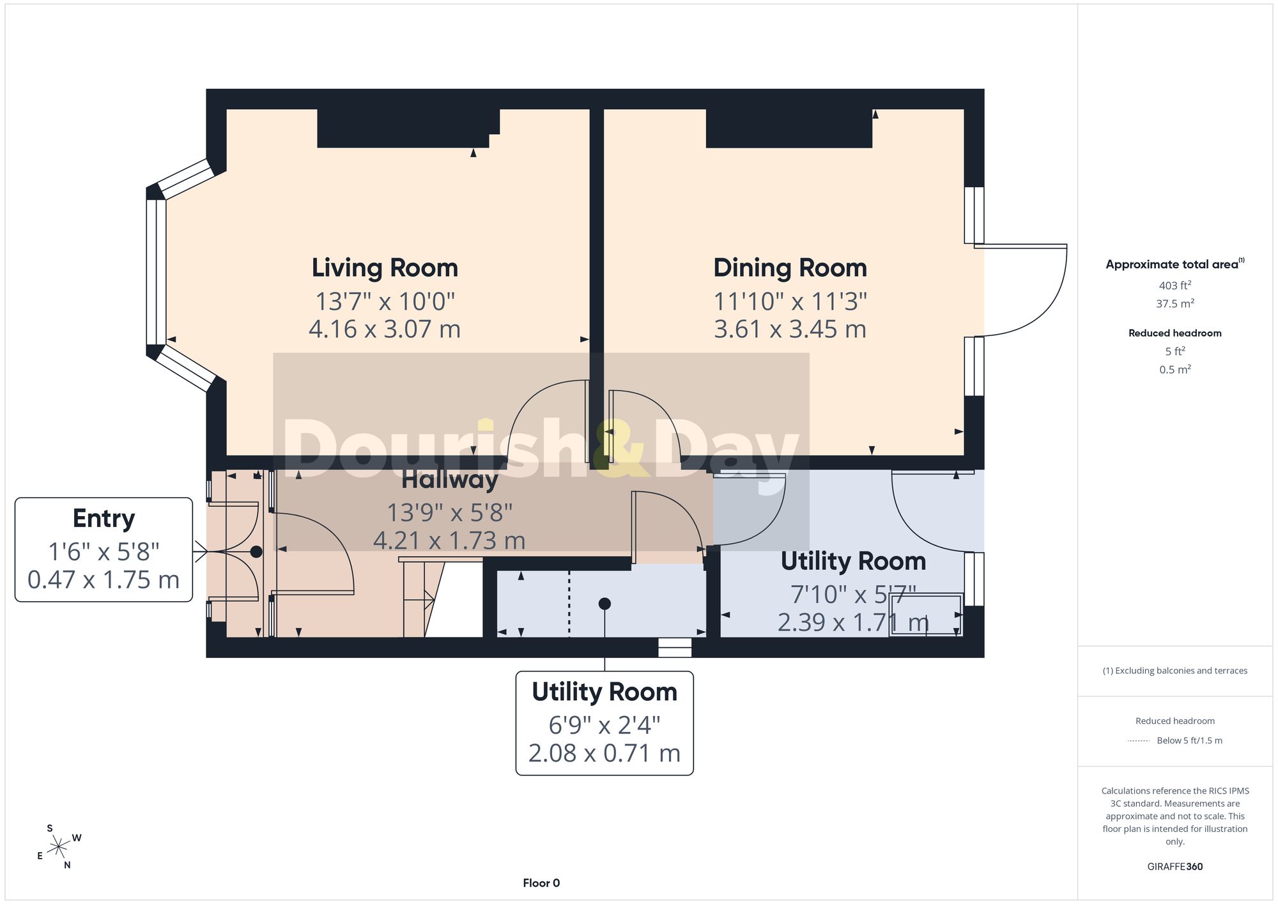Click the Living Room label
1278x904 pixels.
pyautogui.click(x=385, y=268)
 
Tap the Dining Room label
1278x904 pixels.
pyautogui.click(x=790, y=268)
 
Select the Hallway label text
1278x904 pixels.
pyautogui.click(x=449, y=479)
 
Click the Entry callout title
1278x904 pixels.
pyautogui.click(x=104, y=519)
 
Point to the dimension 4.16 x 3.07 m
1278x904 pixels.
pyautogui.click(x=385, y=329)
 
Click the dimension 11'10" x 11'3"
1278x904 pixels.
pyautogui.click(x=790, y=301)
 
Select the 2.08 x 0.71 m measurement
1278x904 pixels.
pyautogui.click(x=604, y=753)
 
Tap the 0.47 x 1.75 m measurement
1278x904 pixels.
pyautogui.click(x=104, y=580)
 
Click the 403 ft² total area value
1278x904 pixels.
pyautogui.click(x=1174, y=285)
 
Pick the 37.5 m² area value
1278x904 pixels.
pyautogui.click(x=1174, y=303)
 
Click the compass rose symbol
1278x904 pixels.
pyautogui.click(x=59, y=847)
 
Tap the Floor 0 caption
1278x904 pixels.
pyautogui.click(x=541, y=883)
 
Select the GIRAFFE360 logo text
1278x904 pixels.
pyautogui.click(x=1174, y=866)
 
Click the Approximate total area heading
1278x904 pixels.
pyautogui.click(x=1174, y=264)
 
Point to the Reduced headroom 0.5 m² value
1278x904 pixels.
pyautogui.click(x=1174, y=369)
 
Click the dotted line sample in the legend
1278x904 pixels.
pyautogui.click(x=1139, y=740)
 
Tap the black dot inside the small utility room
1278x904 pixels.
pyautogui.click(x=604, y=604)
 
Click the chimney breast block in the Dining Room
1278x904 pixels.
pyautogui.click(x=789, y=128)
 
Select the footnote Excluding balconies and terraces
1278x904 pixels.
pyautogui.click(x=1174, y=671)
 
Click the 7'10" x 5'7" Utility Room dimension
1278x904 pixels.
pyautogui.click(x=853, y=595)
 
